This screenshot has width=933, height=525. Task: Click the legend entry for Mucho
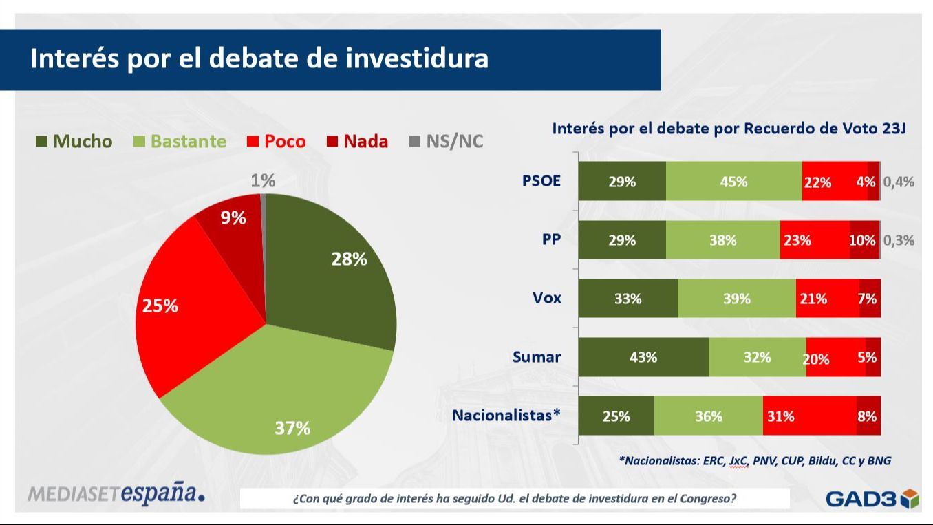click(74, 142)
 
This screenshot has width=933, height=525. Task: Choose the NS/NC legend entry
click(447, 142)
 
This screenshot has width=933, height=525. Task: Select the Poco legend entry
click(277, 142)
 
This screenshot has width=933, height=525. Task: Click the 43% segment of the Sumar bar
click(643, 357)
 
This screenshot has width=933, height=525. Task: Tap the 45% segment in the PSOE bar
click(733, 182)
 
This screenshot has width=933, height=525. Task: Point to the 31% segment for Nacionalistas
click(809, 416)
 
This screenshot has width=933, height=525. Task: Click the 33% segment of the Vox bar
click(628, 299)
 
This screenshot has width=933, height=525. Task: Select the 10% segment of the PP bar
click(864, 240)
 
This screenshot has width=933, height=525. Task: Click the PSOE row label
click(541, 182)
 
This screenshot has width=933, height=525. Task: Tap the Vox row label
click(546, 298)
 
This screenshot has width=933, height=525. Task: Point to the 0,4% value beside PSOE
click(899, 182)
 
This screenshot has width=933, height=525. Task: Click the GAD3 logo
click(872, 498)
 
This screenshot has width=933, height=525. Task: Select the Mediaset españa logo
click(116, 493)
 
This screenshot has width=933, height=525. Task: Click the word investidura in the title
click(417, 58)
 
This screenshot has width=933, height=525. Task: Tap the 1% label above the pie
click(263, 181)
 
